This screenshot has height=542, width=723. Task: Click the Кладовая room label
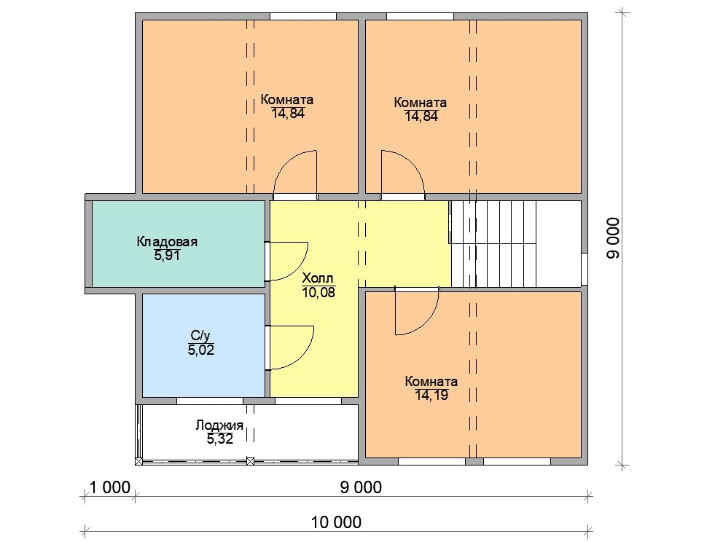(167, 242)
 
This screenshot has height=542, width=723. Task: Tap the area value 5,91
(167, 255)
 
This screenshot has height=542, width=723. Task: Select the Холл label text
(317, 278)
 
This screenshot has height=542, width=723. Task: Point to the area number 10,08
(318, 291)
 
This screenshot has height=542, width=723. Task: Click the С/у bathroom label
(200, 336)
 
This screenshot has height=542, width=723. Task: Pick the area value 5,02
(200, 350)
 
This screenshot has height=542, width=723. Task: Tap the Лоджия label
(219, 425)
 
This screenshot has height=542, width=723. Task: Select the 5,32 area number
(220, 439)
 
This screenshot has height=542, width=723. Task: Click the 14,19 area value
(431, 395)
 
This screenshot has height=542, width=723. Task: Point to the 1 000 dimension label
(110, 487)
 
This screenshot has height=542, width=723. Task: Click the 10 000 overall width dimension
(336, 522)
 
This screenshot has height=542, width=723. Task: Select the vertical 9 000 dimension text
(614, 238)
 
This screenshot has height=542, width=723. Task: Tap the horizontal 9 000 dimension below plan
(361, 487)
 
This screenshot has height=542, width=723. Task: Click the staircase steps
(493, 243)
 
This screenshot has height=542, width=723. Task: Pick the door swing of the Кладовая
(286, 262)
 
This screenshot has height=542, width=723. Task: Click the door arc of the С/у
(290, 347)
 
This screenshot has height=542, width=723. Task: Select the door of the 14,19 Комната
(417, 311)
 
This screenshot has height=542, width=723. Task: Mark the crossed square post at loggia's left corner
(138, 461)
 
